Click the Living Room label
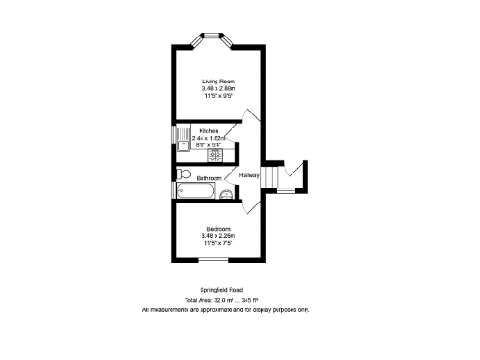pyautogui.click(x=217, y=82)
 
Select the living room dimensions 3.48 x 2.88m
pyautogui.click(x=217, y=89)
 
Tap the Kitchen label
pyautogui.click(x=208, y=130)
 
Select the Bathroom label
pyautogui.click(x=208, y=177)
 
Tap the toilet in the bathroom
pyautogui.click(x=183, y=174)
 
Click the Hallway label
pyautogui.click(x=248, y=175)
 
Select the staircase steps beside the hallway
pyautogui.click(x=272, y=176)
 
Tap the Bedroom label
pyautogui.click(x=217, y=228)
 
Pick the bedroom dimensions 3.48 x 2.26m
pyautogui.click(x=217, y=235)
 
